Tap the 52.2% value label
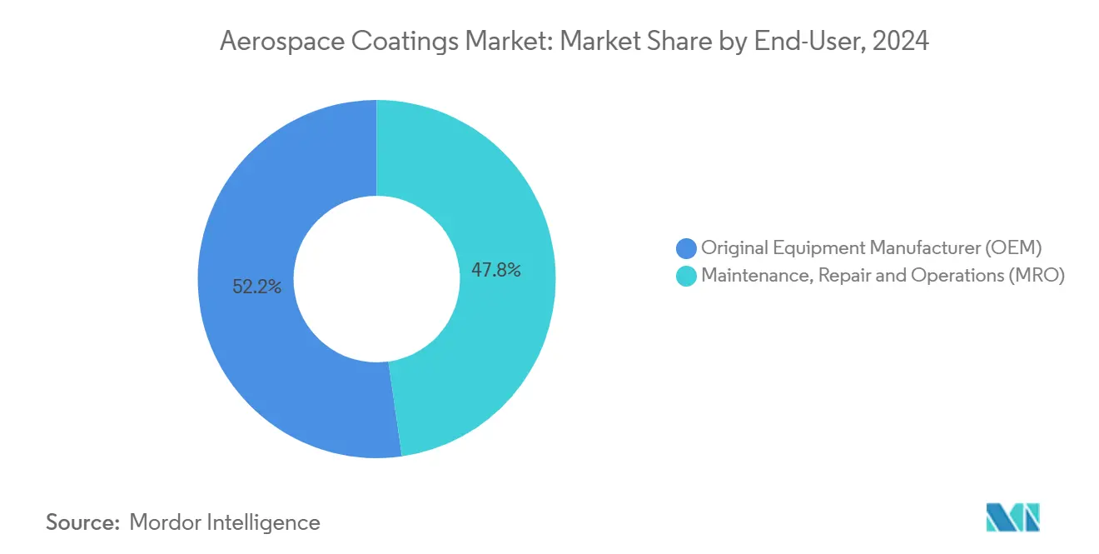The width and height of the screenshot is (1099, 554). point(256,287)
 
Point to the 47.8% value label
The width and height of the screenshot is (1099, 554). point(495,270)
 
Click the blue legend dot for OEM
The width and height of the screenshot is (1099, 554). point(686,247)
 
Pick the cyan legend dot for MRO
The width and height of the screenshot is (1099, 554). point(686,277)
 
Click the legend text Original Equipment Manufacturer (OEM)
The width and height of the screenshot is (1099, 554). point(871,247)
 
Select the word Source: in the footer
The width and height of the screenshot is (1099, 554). point(82,522)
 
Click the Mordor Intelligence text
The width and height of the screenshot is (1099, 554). point(225,522)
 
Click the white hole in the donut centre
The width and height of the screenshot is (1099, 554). point(376,278)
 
